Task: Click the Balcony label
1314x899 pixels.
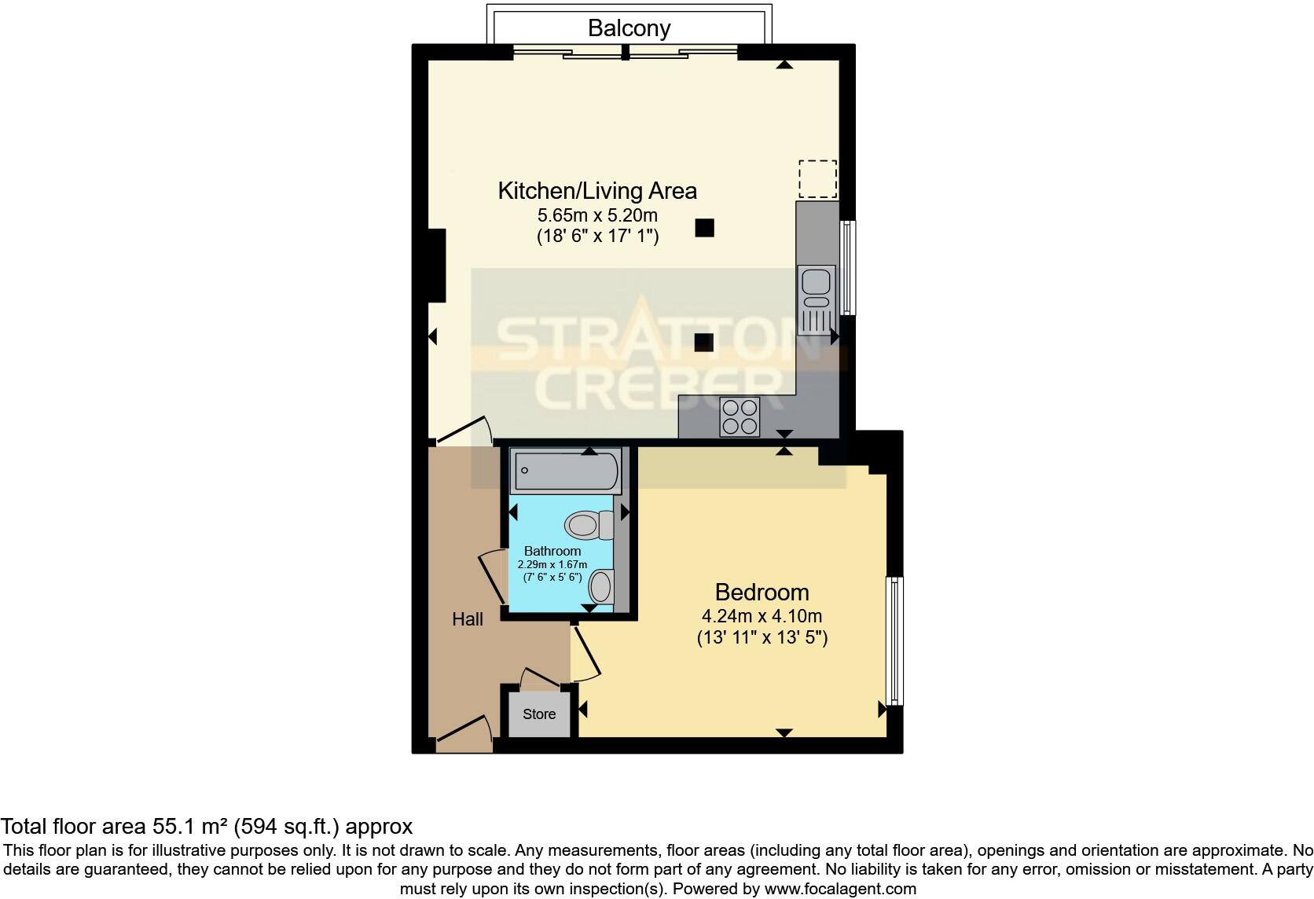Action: click(629, 28)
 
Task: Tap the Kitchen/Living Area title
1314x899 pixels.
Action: click(597, 190)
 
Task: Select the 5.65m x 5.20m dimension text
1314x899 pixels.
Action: click(597, 215)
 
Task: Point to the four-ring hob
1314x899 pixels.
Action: click(740, 416)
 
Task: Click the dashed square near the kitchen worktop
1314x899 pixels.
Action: click(817, 178)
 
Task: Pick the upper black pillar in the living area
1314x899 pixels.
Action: click(704, 228)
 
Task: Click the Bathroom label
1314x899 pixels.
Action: click(552, 551)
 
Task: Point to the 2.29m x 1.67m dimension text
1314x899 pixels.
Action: click(552, 564)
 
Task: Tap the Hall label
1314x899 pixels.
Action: click(468, 619)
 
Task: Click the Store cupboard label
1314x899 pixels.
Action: click(539, 714)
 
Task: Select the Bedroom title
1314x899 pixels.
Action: click(762, 592)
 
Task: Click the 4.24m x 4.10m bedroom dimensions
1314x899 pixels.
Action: click(762, 616)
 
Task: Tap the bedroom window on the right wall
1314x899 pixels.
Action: click(894, 640)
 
